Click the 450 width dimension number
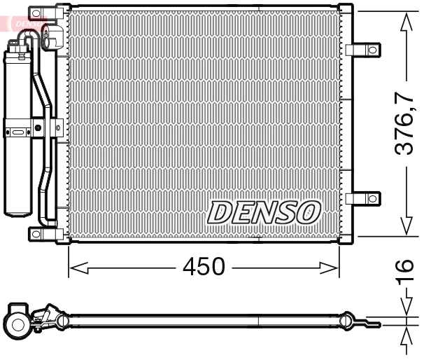click(204, 268)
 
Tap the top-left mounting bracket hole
click(36, 12)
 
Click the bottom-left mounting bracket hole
click(36, 233)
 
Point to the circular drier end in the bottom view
click(16, 323)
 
